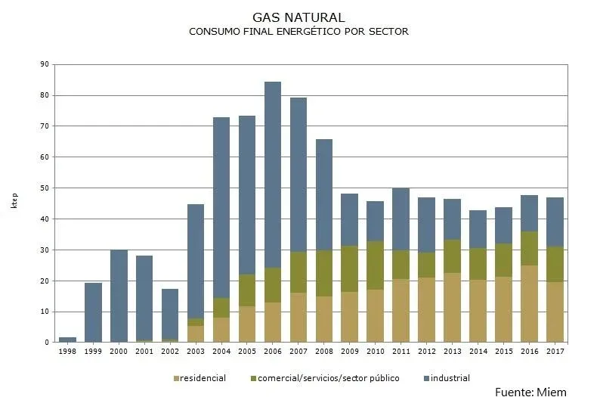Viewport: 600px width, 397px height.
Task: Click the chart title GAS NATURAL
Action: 299,17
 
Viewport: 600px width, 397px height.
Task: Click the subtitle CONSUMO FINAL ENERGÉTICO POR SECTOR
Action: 299,32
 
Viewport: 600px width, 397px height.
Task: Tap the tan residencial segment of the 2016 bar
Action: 529,304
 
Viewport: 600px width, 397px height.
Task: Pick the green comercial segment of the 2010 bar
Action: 375,265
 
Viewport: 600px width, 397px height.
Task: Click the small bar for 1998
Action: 67,340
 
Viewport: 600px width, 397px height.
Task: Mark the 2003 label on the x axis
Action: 195,351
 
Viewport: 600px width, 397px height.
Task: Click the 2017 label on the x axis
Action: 555,351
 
